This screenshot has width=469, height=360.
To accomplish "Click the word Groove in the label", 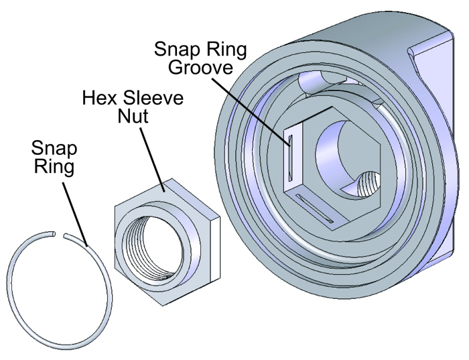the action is click(x=200, y=67).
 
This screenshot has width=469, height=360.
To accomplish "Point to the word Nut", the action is click(x=133, y=116).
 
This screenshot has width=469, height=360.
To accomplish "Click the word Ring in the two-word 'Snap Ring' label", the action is click(x=54, y=166).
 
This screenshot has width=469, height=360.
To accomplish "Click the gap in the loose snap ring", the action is click(x=60, y=235).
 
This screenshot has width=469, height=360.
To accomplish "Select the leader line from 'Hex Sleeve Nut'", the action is click(x=152, y=159).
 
